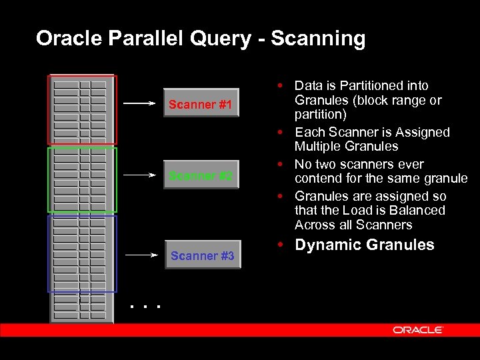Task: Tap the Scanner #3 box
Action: point(202,255)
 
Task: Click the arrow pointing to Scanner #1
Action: point(139,104)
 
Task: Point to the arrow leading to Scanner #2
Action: point(139,175)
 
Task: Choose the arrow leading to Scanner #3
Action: point(139,255)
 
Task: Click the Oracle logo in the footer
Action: point(418,330)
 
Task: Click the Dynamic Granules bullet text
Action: point(364,245)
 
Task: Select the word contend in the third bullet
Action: point(317,178)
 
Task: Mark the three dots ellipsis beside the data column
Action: point(145,307)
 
